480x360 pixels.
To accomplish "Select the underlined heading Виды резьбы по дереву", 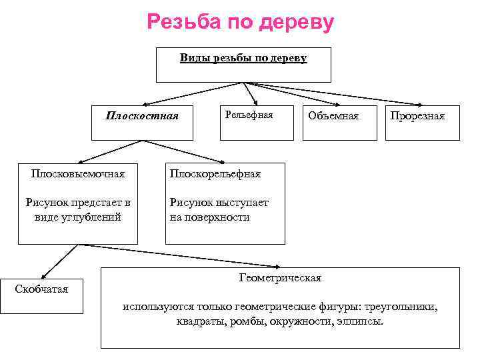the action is coord(243,58).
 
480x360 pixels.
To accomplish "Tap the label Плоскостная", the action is coord(142,115).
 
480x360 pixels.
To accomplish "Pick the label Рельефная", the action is coord(249,115).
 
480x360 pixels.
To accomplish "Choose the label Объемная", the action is coord(333,116).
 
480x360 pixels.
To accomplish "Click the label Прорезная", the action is coord(417,116).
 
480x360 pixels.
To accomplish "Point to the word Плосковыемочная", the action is coord(77,174).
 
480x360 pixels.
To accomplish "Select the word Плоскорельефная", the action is coord(215,174).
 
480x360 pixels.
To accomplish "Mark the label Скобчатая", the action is coord(41,288).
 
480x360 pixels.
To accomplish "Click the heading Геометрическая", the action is coord(280,277).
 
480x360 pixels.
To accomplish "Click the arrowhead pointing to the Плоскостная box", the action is coord(144,105).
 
